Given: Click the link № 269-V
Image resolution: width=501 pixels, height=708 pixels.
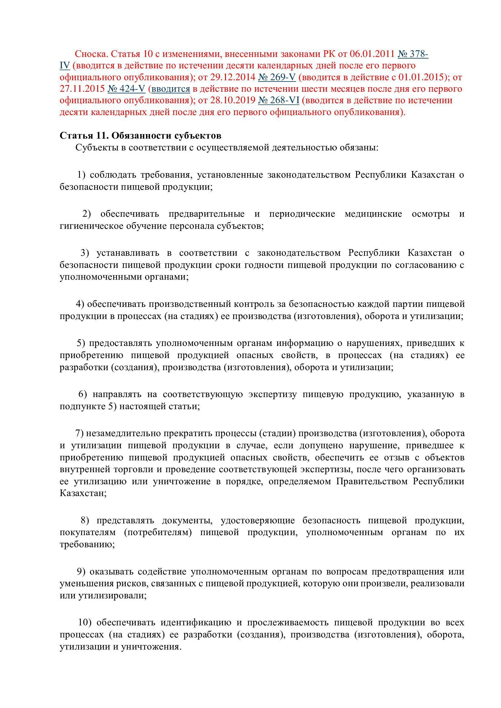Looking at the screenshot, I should [277, 77].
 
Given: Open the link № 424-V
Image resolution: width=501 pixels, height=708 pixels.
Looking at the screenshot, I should [126, 89].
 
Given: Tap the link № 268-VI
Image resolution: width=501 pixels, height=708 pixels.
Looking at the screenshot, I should [279, 100].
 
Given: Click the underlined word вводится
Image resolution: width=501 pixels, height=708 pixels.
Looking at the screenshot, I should [171, 89].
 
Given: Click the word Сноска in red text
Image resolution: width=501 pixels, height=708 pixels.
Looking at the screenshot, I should [91, 54].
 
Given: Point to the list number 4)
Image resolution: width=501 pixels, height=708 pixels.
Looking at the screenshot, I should [80, 304].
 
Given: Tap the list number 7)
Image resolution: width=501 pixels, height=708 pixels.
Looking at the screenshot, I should [80, 433].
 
